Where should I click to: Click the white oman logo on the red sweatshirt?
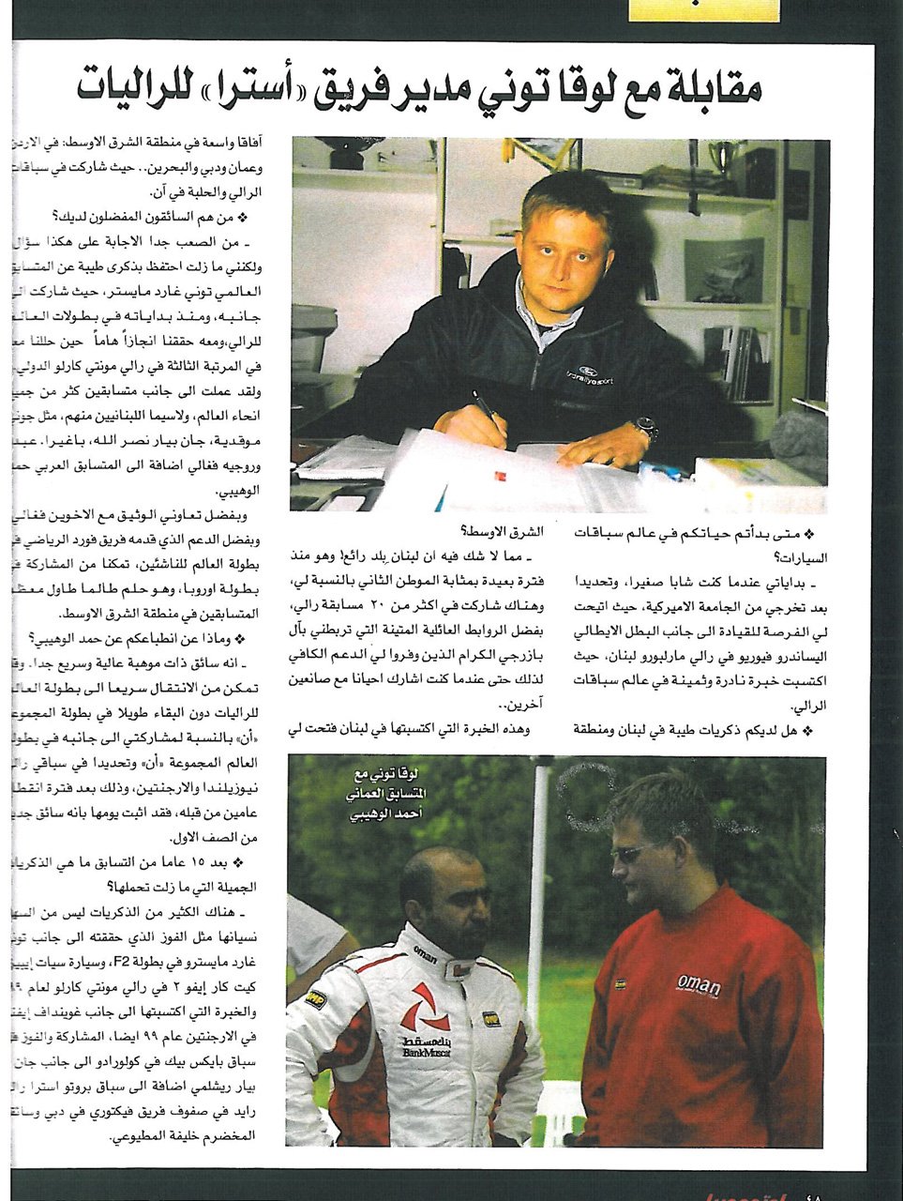[700, 986]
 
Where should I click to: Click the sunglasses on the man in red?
[629, 853]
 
